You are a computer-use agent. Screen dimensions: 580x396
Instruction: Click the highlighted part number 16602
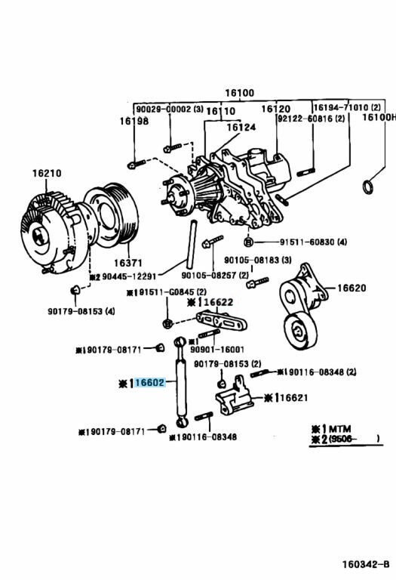(149, 383)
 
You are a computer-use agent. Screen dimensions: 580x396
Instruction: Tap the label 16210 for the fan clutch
(46, 174)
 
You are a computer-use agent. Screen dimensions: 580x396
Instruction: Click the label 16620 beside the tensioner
(351, 288)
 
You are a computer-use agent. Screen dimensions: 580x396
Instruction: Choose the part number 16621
(293, 397)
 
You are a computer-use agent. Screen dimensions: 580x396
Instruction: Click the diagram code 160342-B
(366, 563)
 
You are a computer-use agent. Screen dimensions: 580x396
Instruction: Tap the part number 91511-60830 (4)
(300, 242)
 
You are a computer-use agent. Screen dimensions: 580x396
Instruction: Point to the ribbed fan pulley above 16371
(112, 215)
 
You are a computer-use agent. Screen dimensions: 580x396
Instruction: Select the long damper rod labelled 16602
(182, 385)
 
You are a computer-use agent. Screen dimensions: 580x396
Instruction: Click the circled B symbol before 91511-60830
(248, 242)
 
